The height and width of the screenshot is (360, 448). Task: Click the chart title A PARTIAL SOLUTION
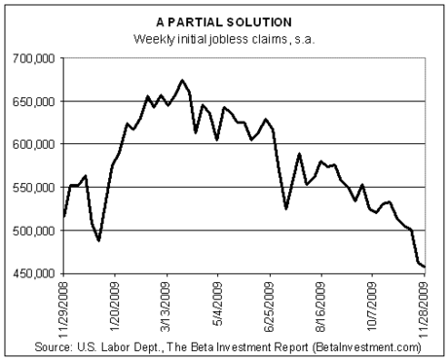(224, 22)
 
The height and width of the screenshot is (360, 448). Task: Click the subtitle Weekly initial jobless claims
(210, 39)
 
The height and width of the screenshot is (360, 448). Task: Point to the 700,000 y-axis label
(34, 59)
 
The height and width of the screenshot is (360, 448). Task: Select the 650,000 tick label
(34, 102)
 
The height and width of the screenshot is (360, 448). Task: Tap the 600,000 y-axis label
(34, 144)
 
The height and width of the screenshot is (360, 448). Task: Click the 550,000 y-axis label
(34, 188)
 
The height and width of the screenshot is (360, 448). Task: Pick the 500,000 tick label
(34, 231)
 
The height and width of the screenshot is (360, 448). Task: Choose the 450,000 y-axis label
(34, 273)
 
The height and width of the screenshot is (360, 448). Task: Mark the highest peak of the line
(182, 80)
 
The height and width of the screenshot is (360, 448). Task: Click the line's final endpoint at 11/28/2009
(425, 267)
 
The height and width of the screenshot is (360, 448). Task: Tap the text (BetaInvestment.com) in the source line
(366, 347)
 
